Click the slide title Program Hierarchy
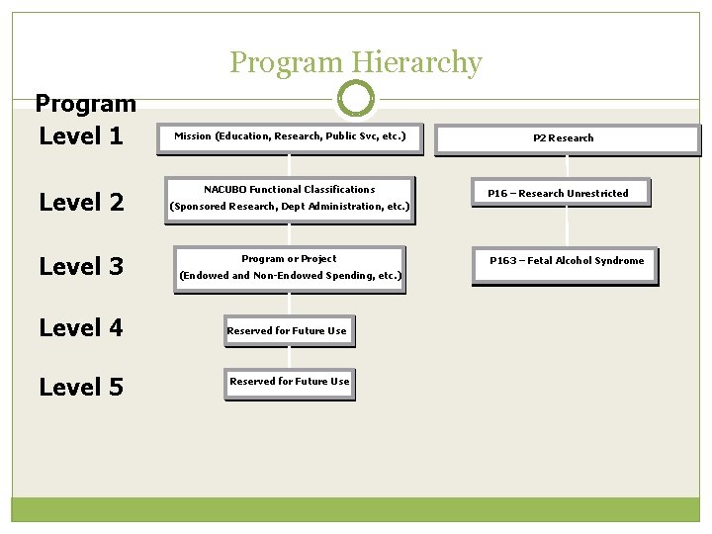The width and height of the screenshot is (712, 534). point(356,63)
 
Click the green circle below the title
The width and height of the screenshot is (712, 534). point(356,99)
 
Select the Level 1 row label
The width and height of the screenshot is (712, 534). point(81,135)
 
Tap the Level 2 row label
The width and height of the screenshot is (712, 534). point(81,203)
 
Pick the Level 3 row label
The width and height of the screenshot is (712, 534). point(81,266)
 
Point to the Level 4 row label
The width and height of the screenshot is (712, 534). point(81,327)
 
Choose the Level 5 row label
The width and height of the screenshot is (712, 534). point(81,388)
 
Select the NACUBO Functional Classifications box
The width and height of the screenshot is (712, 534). point(290,198)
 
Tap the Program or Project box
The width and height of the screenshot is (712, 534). point(290,268)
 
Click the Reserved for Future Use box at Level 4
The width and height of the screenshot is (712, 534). point(288,331)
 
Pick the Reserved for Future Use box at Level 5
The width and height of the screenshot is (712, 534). point(289,383)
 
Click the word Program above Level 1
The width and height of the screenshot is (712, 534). point(85,104)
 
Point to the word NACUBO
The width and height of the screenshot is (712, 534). point(227,189)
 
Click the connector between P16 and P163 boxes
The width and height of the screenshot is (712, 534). point(567,226)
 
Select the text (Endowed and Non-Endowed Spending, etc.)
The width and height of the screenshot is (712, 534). point(290,276)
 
